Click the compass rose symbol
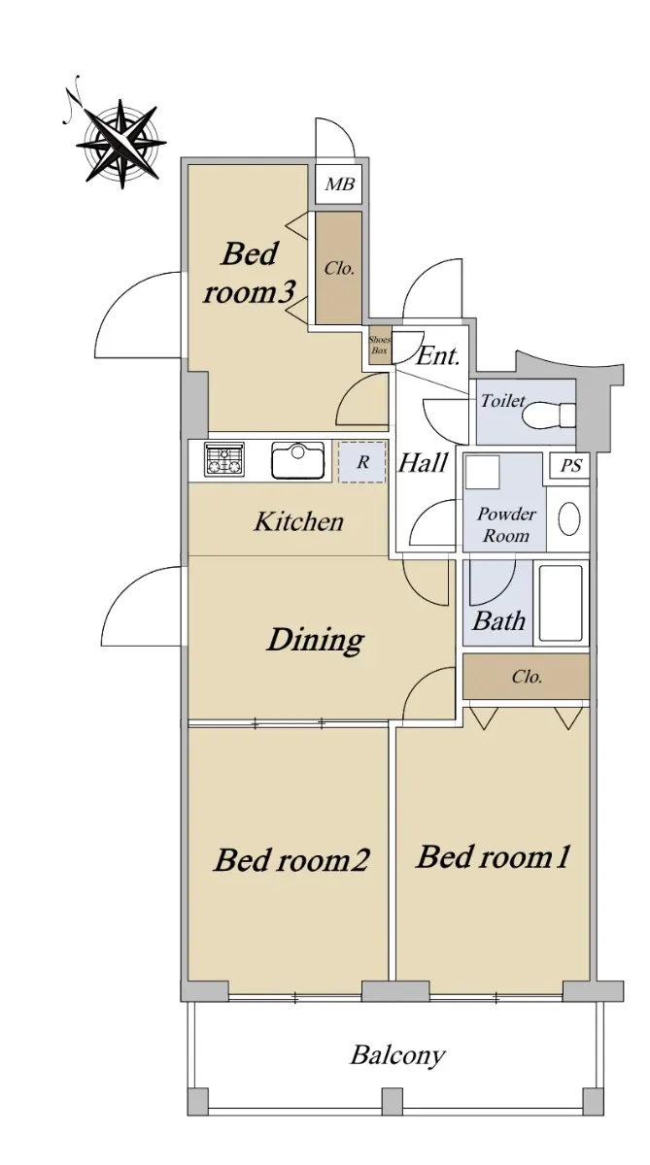(x=121, y=143)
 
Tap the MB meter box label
(x=339, y=184)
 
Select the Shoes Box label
(x=379, y=345)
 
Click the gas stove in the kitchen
(x=224, y=459)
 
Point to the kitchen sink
(x=297, y=460)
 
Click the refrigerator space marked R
(x=362, y=462)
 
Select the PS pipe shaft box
(x=570, y=465)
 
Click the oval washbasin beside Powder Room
(x=568, y=518)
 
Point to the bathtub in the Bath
(x=561, y=603)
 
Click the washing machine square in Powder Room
(x=483, y=472)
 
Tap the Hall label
(x=423, y=462)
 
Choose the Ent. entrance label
(x=439, y=356)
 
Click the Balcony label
(x=397, y=1055)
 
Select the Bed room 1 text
(x=493, y=856)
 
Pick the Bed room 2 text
(x=291, y=859)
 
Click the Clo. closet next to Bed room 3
(x=339, y=268)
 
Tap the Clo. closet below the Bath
(x=527, y=677)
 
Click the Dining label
(x=316, y=640)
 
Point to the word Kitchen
(x=298, y=521)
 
